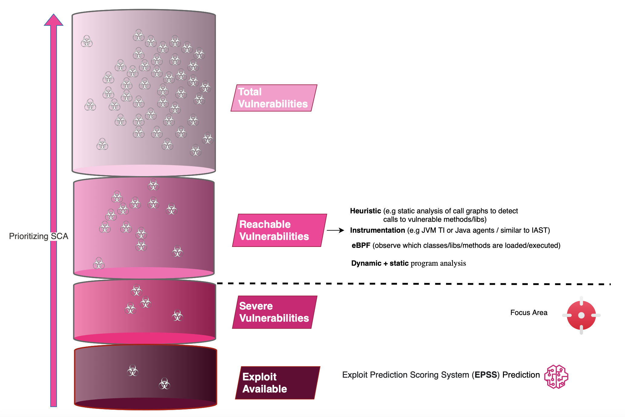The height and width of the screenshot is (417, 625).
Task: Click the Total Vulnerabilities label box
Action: [273, 98]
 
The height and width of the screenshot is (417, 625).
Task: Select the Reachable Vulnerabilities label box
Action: [279, 230]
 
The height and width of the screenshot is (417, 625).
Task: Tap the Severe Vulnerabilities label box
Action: [274, 312]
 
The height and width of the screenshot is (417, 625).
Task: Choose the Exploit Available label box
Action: [277, 383]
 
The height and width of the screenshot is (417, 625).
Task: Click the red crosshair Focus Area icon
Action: [581, 315]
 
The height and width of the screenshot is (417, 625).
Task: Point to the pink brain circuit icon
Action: [556, 376]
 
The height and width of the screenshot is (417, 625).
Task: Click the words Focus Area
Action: [529, 313]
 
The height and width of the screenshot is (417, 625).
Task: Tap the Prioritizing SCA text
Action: [38, 236]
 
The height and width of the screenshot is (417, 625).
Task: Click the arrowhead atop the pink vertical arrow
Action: [54, 20]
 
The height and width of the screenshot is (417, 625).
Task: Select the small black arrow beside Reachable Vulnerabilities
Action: [335, 231]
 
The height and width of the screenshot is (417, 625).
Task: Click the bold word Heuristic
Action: [365, 211]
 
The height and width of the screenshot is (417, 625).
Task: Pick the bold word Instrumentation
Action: [377, 230]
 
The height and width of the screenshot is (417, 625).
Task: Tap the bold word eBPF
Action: [361, 245]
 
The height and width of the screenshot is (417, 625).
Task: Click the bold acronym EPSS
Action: [485, 375]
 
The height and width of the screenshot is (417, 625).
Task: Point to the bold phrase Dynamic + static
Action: [380, 263]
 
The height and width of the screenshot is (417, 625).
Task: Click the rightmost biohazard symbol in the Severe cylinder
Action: [177, 316]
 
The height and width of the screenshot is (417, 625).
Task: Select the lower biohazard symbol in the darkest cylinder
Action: [164, 384]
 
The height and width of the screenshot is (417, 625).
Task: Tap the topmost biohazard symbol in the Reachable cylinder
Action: [153, 185]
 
